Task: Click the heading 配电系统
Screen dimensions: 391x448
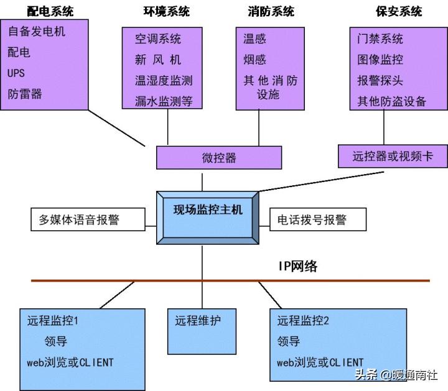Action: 50,12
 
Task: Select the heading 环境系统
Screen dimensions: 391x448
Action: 166,12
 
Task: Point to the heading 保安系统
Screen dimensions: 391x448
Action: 399,12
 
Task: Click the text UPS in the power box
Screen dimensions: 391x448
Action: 17,73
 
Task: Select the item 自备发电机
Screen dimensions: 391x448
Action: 37,31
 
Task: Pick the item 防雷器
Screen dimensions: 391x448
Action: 26,94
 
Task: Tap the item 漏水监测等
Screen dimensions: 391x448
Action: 164,101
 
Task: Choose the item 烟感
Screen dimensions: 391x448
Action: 254,60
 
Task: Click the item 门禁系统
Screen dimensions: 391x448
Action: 380,39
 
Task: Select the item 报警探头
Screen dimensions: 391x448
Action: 380,81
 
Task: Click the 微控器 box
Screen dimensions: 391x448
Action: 219,158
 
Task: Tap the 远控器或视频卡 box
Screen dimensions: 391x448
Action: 393,157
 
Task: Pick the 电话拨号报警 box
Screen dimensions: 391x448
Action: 318,219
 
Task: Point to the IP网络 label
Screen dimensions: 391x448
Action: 297,266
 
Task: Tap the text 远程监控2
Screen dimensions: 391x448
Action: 303,321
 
